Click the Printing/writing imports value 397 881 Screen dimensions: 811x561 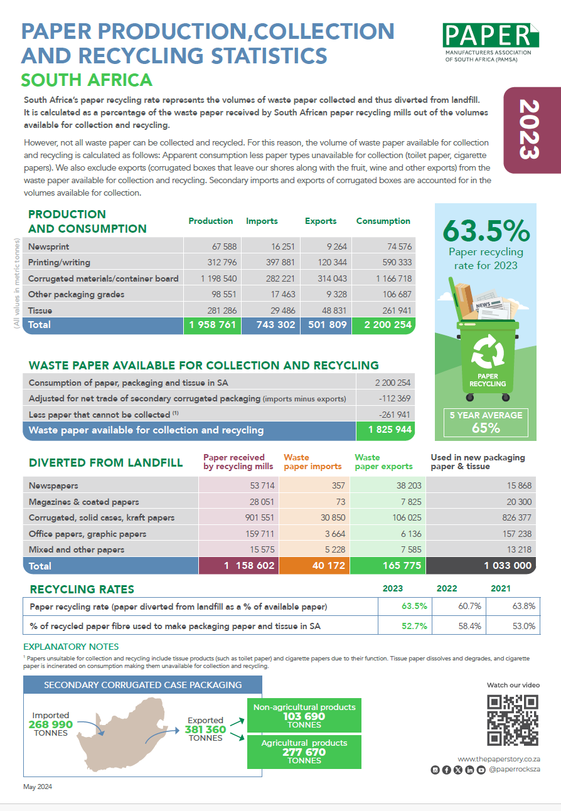click(270, 262)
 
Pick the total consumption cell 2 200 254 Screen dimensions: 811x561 click(383, 325)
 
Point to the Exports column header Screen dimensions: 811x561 click(321, 221)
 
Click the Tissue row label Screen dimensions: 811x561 click(40, 310)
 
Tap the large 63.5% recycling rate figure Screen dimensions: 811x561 click(486, 231)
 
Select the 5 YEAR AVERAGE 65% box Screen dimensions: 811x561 click(486, 421)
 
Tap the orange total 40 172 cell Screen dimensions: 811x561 click(311, 565)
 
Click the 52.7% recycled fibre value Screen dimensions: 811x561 click(415, 626)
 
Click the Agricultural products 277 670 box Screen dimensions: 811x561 click(304, 751)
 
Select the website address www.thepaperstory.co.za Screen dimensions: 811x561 click(499, 759)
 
